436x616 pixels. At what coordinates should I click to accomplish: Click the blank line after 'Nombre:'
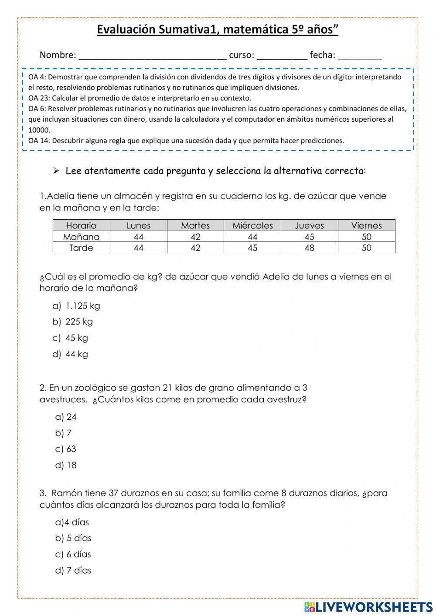coord(152,56)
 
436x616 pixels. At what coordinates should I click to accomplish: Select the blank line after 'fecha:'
coord(360,56)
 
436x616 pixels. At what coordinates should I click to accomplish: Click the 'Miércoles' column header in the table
coord(252,225)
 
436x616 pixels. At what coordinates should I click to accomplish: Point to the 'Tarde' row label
coord(81,248)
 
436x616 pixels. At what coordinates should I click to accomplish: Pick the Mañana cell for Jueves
coord(309,237)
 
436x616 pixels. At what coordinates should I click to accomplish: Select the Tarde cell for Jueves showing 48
coord(309,248)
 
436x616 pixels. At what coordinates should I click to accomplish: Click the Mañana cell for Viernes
coord(366,237)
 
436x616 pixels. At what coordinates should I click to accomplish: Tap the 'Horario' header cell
coord(81,225)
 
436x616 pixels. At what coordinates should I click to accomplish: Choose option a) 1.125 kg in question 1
coord(76,306)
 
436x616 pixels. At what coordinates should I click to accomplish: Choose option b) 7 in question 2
coord(63,433)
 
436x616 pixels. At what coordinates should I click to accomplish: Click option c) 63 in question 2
coord(66,449)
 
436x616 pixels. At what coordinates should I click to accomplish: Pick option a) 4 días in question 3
coord(72,522)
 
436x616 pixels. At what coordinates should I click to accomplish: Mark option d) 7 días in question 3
coord(73,570)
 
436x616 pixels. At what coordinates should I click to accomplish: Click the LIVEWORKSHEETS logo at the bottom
coord(368,607)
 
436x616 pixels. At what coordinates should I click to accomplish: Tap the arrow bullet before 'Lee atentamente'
coord(56,171)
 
